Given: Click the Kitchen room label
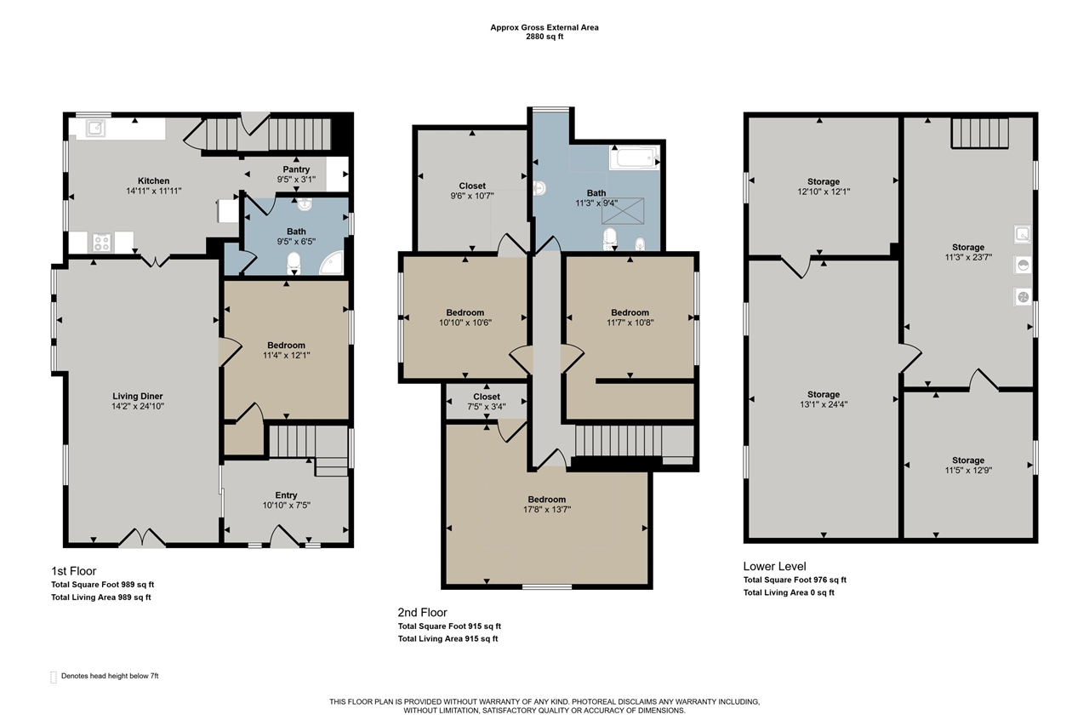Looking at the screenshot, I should click(x=153, y=180).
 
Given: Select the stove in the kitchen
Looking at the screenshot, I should click(x=101, y=242).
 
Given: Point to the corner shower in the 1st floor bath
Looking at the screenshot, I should click(x=334, y=265).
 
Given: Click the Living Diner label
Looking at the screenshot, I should click(x=137, y=396).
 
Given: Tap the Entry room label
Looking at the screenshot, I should click(x=286, y=494).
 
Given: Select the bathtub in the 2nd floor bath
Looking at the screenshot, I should click(x=633, y=158).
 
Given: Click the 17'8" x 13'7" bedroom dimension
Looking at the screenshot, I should click(x=546, y=510).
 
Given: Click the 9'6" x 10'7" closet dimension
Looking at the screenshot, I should click(x=472, y=196).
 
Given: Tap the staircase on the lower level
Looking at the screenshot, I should click(x=978, y=133).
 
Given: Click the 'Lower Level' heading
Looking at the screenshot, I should click(x=774, y=566).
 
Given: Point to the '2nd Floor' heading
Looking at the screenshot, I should click(x=422, y=612).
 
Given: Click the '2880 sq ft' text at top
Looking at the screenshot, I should click(x=544, y=37).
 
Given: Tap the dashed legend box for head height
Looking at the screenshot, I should click(x=54, y=677).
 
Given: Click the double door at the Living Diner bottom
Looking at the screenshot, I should click(x=141, y=538).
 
